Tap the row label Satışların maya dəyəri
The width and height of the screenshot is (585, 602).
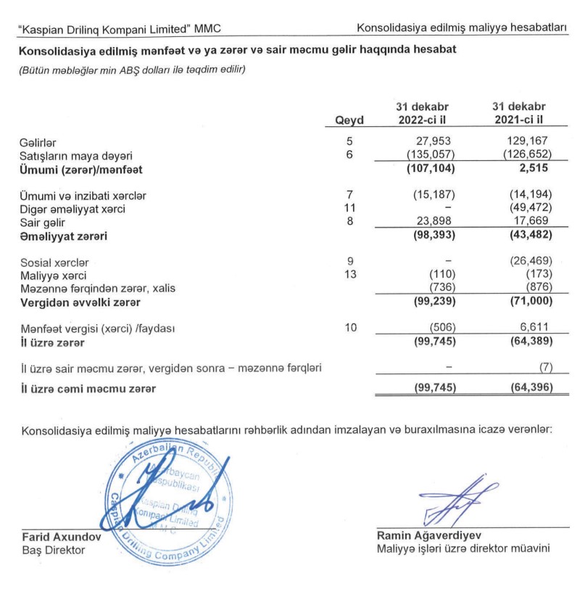tap(76, 156)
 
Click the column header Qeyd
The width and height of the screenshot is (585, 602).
tap(349, 120)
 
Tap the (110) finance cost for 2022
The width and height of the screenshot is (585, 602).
tap(441, 275)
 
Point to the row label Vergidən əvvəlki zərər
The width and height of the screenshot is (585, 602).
tap(81, 302)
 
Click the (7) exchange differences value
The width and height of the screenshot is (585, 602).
tap(543, 368)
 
